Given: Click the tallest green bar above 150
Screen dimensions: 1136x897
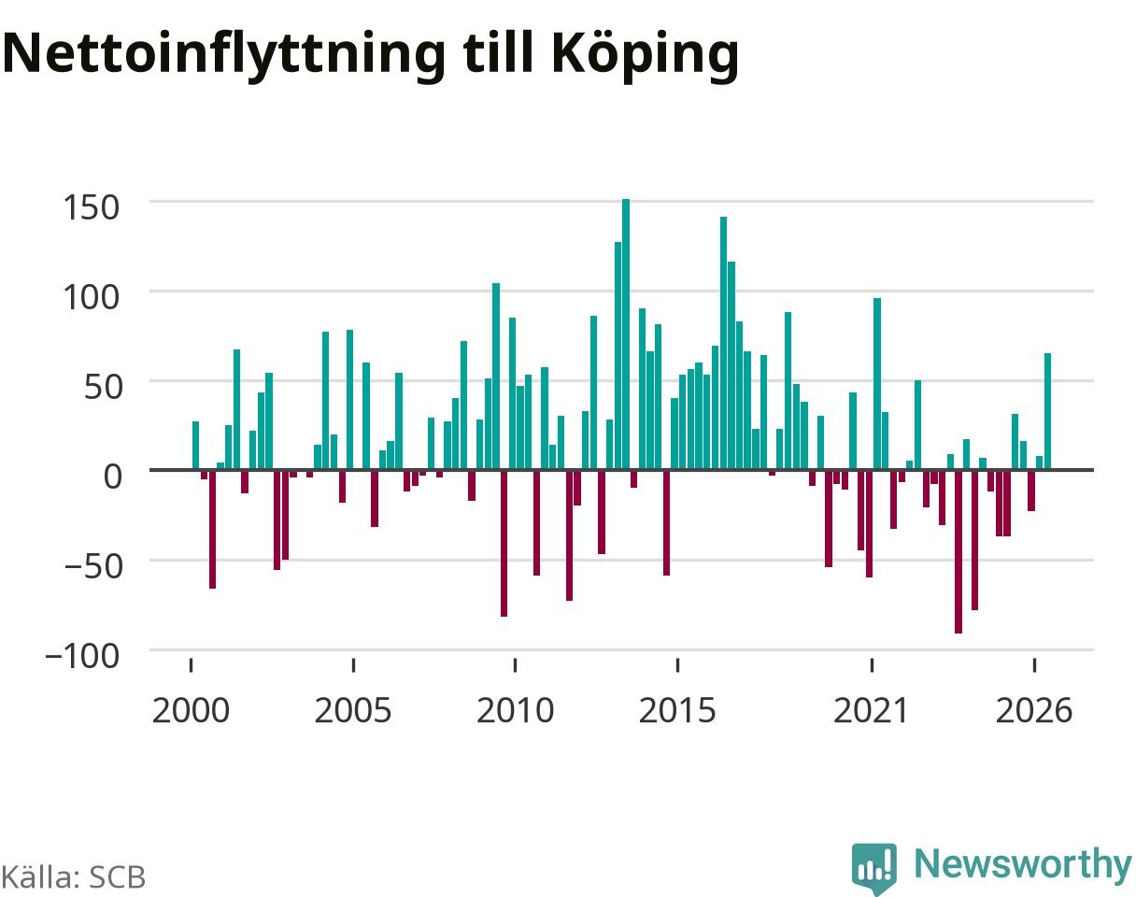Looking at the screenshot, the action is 626,335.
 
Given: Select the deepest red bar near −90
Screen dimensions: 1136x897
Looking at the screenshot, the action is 958,551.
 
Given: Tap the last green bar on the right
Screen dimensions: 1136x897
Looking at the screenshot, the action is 1047,411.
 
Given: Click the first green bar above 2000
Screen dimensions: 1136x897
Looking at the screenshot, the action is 196,446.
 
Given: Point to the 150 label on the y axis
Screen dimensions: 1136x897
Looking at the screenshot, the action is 92,207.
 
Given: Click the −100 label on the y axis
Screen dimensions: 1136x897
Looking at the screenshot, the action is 82,656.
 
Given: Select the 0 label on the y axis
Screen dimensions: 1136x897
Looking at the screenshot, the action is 112,477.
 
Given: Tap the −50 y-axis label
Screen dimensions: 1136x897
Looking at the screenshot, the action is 92,566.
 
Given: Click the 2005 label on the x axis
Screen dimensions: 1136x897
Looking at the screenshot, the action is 353,710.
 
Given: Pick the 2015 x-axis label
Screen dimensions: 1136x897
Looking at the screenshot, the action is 677,710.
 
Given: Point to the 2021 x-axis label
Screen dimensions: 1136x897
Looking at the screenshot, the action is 871,710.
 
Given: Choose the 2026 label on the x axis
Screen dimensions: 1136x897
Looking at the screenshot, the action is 1033,710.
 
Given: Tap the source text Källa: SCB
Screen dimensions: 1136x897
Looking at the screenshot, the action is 73,877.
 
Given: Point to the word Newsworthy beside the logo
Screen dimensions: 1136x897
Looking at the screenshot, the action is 1023,864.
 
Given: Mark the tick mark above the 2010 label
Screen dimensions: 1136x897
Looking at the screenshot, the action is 515,664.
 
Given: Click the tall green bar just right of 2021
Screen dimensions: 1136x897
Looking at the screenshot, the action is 877,384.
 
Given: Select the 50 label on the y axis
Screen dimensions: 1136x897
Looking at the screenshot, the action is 103,387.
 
